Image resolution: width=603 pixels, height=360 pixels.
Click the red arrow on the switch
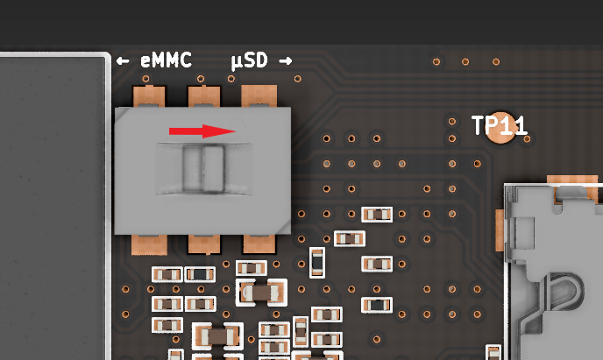[x=202, y=131]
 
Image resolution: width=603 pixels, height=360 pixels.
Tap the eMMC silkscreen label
[x=166, y=61]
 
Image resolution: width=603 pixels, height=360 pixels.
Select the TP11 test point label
[x=499, y=125]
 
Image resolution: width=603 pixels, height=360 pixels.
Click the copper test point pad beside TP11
[x=501, y=128]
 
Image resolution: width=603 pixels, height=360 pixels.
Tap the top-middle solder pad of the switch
[x=203, y=96]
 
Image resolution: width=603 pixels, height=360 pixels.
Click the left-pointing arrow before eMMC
[x=123, y=61]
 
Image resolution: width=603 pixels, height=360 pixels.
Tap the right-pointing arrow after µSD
[x=285, y=61]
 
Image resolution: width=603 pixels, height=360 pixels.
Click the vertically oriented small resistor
[x=317, y=261]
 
